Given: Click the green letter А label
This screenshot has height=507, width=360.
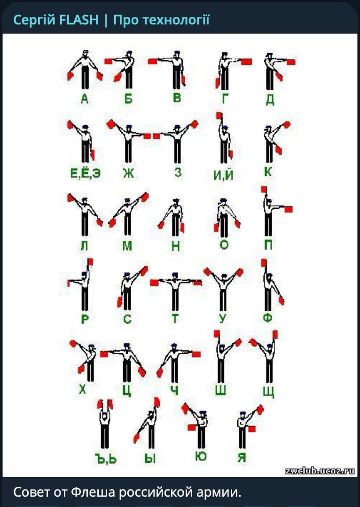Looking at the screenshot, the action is click(84, 99).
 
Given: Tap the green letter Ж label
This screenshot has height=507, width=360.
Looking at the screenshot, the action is click(128, 173).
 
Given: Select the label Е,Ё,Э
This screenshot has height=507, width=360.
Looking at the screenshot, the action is click(86, 173).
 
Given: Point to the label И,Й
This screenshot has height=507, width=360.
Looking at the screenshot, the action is click(223, 174).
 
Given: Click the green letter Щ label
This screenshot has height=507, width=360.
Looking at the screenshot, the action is click(269, 392).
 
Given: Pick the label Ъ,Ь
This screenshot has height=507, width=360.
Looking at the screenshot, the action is click(106, 459).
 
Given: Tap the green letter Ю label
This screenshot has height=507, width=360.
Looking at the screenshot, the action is click(201, 456).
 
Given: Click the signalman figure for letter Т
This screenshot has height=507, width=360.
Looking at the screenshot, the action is click(175, 291).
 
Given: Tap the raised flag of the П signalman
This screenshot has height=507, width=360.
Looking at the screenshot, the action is click(264, 190).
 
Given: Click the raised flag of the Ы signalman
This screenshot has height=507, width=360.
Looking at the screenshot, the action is click(157, 402).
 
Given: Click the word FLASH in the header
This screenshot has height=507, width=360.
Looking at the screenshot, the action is click(79, 20).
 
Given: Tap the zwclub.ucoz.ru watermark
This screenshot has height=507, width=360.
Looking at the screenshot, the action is click(320, 471).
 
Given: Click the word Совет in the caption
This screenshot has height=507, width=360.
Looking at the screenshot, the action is click(31, 492).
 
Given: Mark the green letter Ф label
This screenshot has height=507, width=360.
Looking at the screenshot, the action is click(267, 318).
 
